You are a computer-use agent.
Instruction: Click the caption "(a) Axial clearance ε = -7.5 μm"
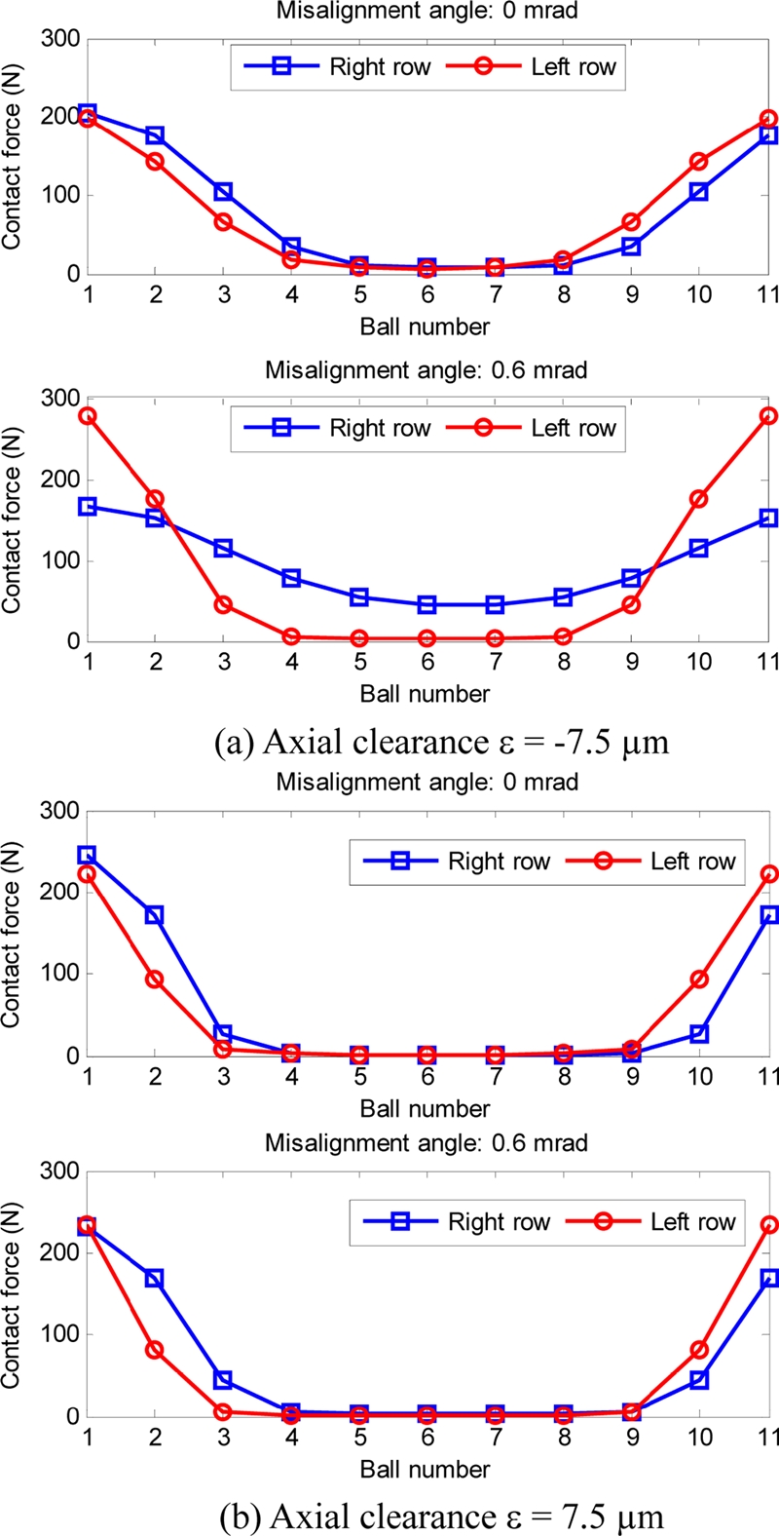point(441,743)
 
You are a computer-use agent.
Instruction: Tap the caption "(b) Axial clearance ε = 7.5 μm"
point(441,1517)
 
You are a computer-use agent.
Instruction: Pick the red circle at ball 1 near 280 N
point(88,416)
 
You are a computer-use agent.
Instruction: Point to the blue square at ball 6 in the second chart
point(427,605)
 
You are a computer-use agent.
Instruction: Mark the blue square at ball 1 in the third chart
point(88,856)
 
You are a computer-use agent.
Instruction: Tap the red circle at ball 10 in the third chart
point(699,979)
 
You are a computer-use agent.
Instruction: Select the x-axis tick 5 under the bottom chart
point(359,1438)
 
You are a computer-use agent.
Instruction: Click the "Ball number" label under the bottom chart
point(425,1469)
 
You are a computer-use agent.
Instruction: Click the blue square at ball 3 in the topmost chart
point(223,192)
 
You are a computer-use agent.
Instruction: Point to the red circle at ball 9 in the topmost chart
point(632,222)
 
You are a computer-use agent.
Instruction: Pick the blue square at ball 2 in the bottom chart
point(155,1278)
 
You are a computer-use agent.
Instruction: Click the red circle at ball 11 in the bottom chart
point(768,1226)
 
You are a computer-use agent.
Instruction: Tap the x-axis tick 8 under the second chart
point(563,663)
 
